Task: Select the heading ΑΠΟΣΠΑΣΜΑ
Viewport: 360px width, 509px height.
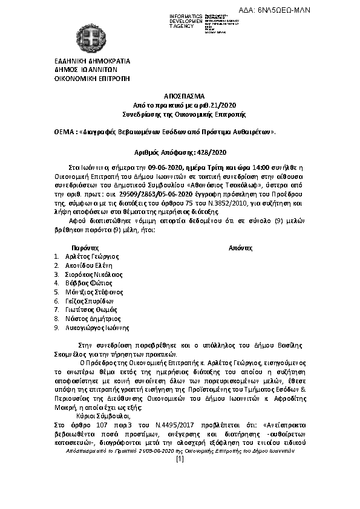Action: tap(180, 97)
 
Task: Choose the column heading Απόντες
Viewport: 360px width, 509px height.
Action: tap(240, 248)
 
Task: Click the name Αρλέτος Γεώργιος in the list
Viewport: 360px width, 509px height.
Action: tap(92, 257)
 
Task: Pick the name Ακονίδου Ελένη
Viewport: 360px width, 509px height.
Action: tap(89, 265)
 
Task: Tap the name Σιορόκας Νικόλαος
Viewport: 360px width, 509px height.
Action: tap(94, 274)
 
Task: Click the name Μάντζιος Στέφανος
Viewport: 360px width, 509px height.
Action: tap(93, 292)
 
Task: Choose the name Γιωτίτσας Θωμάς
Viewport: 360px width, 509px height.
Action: tap(90, 310)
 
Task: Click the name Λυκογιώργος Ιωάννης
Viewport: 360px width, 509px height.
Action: tap(97, 327)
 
